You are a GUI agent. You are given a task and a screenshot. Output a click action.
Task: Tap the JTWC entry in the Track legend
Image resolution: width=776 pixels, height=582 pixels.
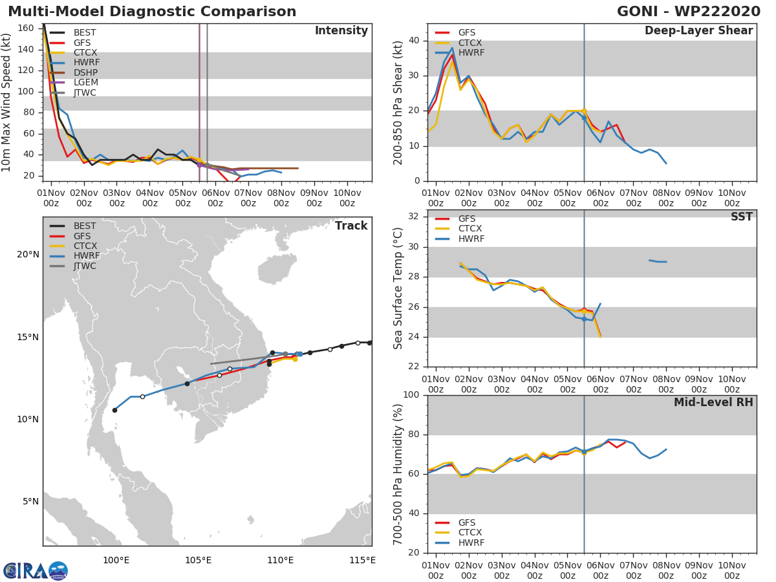[x=84, y=266]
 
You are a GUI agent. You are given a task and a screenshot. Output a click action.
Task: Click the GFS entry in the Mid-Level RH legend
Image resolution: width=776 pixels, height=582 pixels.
[x=466, y=523]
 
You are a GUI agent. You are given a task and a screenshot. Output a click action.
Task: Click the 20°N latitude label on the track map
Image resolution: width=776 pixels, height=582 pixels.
[x=28, y=255]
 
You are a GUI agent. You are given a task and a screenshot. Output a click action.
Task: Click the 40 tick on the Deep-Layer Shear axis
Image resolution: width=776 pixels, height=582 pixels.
[x=413, y=41]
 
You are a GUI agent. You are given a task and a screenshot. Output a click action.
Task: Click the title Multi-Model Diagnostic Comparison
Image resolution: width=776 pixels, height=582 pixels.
[x=152, y=12]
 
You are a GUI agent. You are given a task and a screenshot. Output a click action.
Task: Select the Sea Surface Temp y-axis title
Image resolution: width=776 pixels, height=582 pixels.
[x=398, y=288]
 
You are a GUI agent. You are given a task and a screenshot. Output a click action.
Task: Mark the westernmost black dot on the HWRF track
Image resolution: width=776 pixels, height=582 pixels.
[x=114, y=410]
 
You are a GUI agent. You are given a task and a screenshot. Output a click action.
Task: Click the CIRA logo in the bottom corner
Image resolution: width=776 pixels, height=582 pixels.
[x=35, y=570]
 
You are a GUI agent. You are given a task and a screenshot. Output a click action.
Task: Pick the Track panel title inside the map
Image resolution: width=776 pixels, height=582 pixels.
[x=350, y=226]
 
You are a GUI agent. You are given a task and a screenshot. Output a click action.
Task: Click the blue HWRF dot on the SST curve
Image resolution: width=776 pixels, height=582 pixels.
[x=584, y=319]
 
